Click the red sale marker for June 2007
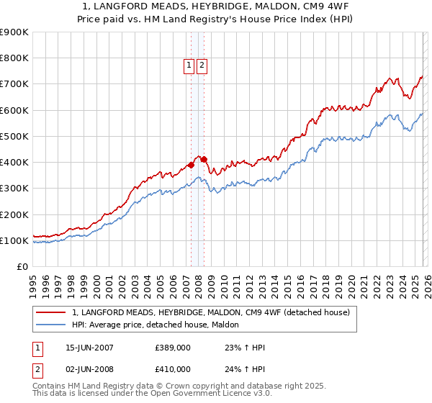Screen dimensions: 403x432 (x=192, y=165)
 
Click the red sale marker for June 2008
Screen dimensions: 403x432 (x=204, y=159)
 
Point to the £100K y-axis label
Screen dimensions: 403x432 (x=14, y=240)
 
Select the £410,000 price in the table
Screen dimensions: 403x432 (x=172, y=369)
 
